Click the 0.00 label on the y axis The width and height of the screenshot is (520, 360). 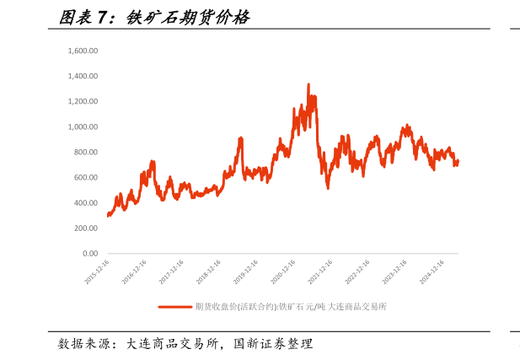click(x=90, y=253)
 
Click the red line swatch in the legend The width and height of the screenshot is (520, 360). click(x=174, y=307)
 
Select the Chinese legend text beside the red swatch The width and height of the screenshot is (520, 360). click(x=291, y=307)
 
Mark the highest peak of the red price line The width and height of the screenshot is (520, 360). click(x=308, y=84)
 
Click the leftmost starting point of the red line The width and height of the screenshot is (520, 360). click(x=108, y=216)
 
